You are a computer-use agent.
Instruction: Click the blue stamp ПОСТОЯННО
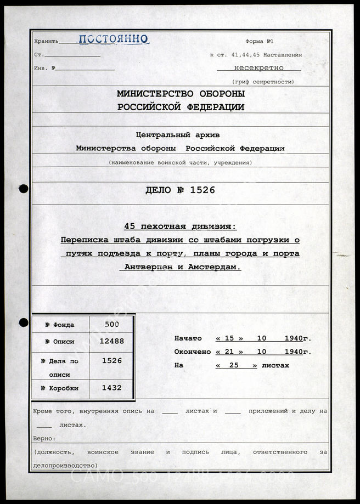click(x=113, y=39)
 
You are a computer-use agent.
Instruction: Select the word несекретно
click(x=258, y=68)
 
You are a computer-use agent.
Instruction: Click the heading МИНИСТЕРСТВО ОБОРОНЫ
click(x=181, y=94)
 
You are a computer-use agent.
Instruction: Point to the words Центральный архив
click(x=181, y=135)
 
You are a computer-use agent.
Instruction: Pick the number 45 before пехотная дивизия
click(x=130, y=227)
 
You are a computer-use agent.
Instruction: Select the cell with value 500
click(x=112, y=324)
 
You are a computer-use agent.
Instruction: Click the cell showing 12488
click(x=112, y=341)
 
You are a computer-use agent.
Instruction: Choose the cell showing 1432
click(x=112, y=388)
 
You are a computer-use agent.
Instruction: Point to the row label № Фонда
click(x=60, y=325)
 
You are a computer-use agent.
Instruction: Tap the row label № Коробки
click(x=60, y=388)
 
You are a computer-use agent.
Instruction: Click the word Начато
click(x=188, y=338)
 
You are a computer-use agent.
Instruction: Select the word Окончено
click(x=192, y=352)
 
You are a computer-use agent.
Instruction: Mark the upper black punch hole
click(x=23, y=189)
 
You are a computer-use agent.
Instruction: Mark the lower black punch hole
click(x=23, y=322)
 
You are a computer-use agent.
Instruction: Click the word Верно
click(x=44, y=439)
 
